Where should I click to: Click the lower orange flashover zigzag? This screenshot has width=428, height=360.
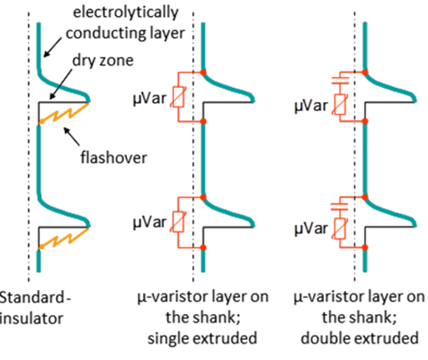click(x=64, y=238)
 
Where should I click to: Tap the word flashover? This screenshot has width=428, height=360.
click(x=113, y=158)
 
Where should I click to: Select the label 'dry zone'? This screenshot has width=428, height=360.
click(x=103, y=61)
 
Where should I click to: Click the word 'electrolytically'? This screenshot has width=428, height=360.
click(x=126, y=12)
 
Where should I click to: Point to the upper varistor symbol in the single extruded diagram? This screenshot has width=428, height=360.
click(x=178, y=97)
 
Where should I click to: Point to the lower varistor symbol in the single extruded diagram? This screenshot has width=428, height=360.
click(x=178, y=222)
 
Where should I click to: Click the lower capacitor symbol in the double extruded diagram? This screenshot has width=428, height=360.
click(x=339, y=207)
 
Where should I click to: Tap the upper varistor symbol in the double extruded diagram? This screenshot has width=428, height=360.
click(x=339, y=104)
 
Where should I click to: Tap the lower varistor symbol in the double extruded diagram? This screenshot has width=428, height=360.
click(x=339, y=229)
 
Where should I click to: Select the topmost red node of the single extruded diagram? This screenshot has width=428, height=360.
click(x=203, y=72)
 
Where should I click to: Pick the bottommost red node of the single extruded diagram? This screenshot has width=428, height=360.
click(x=203, y=247)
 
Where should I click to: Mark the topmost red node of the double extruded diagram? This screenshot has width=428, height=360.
click(x=365, y=72)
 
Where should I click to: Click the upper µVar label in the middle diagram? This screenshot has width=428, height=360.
click(x=149, y=99)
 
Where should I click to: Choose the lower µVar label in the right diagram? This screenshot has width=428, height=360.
click(x=311, y=229)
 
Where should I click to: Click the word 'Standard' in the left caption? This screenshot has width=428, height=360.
click(x=32, y=297)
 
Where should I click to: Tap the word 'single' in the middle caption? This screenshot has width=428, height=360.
click(x=168, y=339)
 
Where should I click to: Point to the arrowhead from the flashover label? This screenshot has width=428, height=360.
click(x=66, y=131)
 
